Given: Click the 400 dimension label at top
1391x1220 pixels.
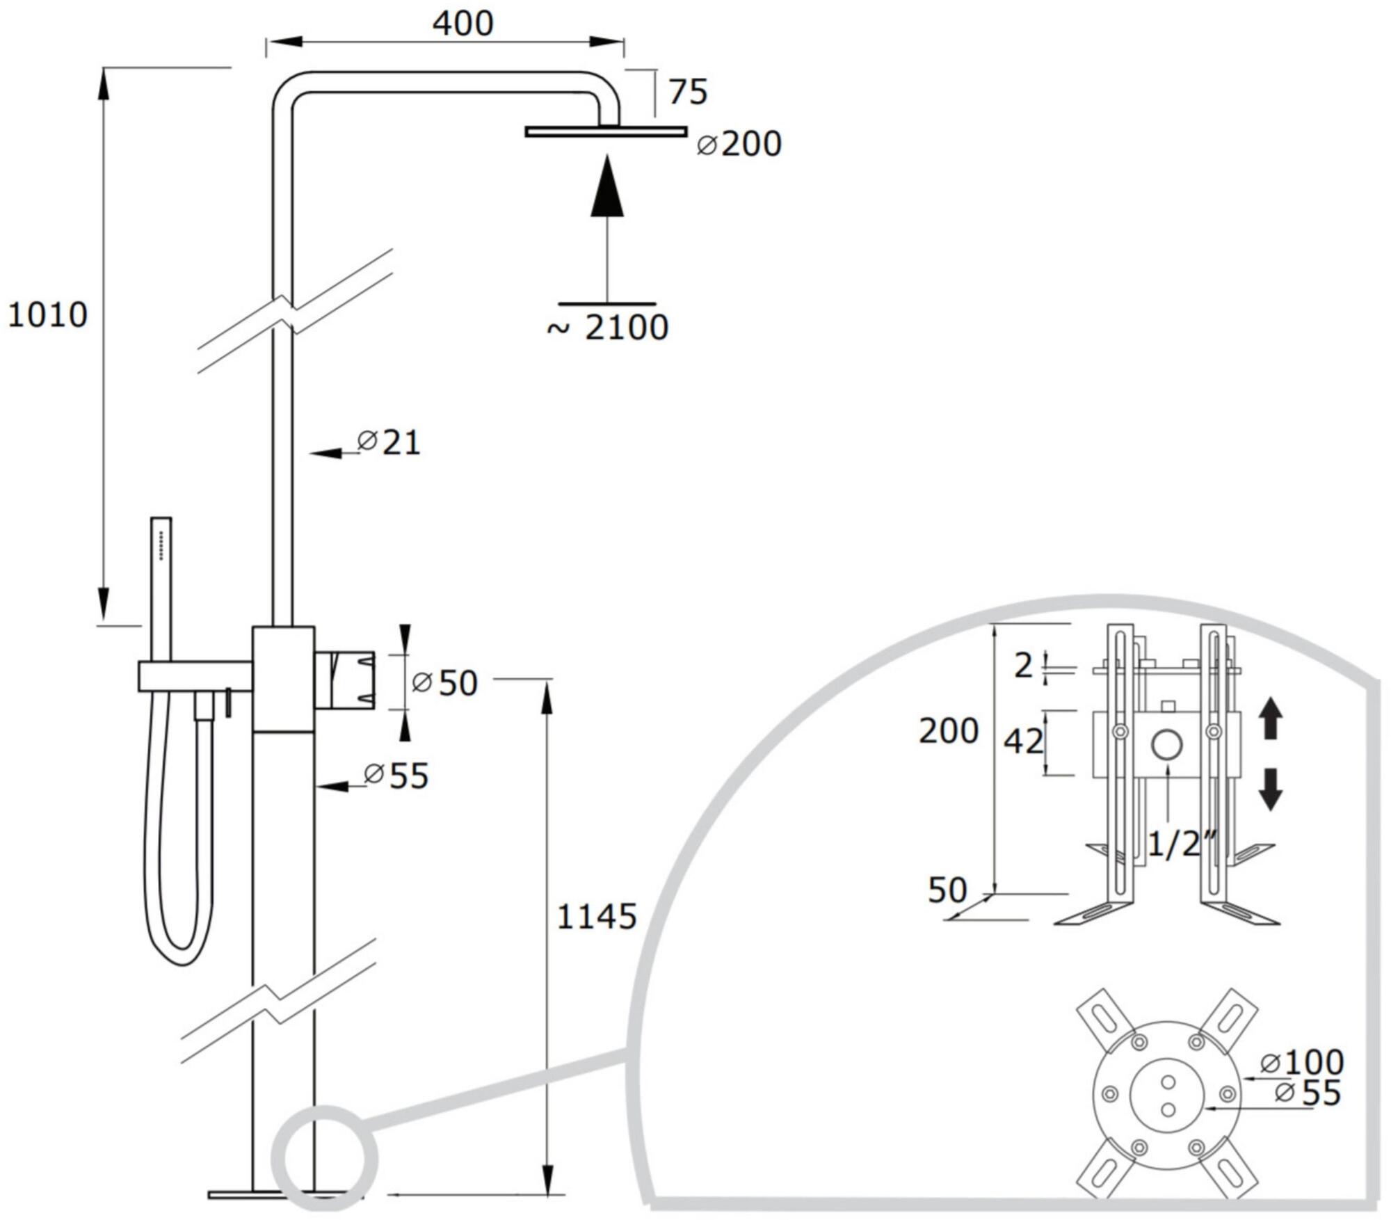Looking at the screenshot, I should (x=463, y=24).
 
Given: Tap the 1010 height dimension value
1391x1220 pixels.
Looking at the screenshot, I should (x=47, y=315).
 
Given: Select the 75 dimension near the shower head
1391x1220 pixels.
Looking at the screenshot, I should (x=688, y=93).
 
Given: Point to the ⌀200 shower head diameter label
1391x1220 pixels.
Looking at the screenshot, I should (x=739, y=145).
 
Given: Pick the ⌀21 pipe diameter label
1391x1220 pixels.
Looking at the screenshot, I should (x=389, y=442).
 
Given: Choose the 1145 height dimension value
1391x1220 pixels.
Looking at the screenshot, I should (x=597, y=917).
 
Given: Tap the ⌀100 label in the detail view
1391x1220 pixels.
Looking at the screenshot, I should (x=1302, y=1062).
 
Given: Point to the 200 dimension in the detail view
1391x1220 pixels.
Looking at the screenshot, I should (x=948, y=731).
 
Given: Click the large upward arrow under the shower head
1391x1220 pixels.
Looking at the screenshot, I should (x=607, y=188).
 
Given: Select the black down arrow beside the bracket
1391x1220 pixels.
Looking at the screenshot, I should (x=1271, y=789).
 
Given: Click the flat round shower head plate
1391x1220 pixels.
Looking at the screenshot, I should (x=606, y=131).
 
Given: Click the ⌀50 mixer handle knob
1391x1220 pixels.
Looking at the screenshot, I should (x=345, y=680).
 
